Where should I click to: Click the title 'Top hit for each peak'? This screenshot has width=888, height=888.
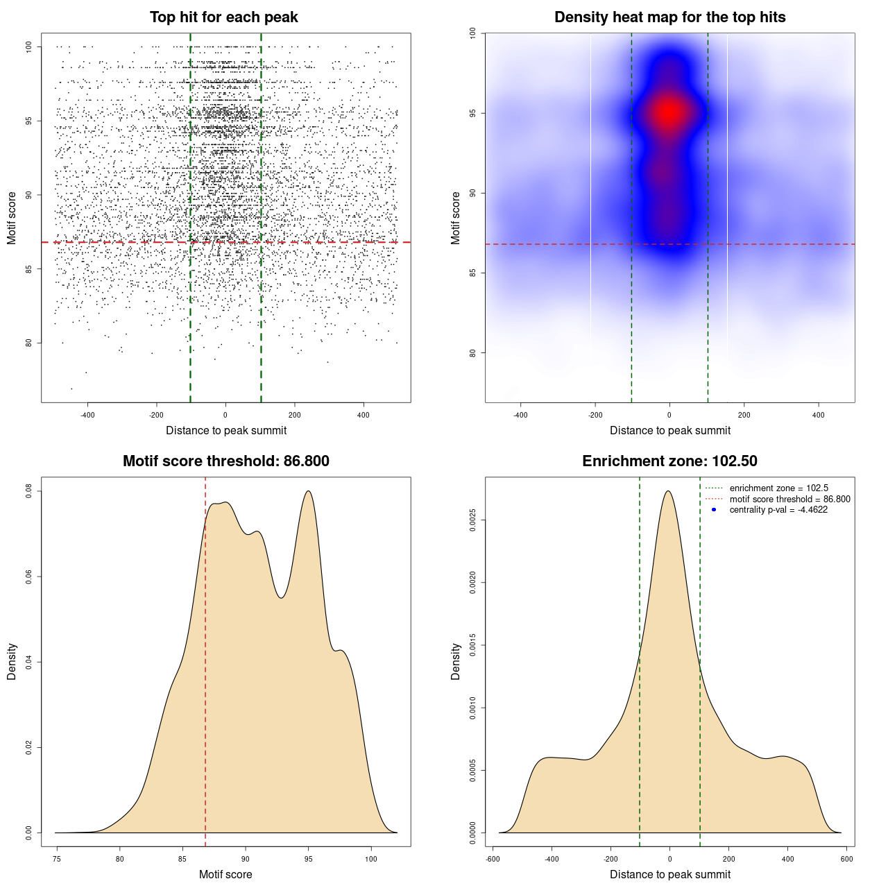[x=224, y=17]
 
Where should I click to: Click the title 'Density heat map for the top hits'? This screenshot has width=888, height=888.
[x=670, y=17]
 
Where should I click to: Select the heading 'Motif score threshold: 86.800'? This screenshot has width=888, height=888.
[x=226, y=461]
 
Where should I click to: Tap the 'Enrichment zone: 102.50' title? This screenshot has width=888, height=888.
[x=670, y=461]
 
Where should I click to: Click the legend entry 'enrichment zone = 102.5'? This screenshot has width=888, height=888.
[x=778, y=488]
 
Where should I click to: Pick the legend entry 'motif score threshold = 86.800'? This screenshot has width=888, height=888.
[x=789, y=499]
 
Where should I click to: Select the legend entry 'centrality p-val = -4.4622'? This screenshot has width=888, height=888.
[x=778, y=510]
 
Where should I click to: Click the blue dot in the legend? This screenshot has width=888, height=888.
[x=714, y=510]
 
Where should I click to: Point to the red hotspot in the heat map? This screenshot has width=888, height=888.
[x=669, y=112]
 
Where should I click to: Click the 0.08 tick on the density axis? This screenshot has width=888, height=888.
[x=28, y=491]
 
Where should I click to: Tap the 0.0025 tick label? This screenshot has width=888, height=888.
[x=472, y=520]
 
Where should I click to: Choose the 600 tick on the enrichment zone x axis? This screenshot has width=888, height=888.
[x=846, y=859]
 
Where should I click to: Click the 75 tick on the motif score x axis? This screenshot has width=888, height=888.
[x=57, y=859]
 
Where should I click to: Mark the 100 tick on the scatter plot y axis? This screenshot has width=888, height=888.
[x=28, y=46]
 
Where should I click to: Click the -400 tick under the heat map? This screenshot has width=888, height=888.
[x=520, y=415]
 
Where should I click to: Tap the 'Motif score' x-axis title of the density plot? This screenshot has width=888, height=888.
[x=225, y=874]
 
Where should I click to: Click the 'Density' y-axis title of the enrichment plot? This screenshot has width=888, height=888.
[x=456, y=661]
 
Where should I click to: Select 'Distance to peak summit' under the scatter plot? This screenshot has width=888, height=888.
[x=226, y=430]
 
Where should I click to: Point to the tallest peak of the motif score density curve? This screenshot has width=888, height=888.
[x=308, y=491]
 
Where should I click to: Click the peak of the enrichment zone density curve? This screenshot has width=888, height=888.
[x=668, y=491]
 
